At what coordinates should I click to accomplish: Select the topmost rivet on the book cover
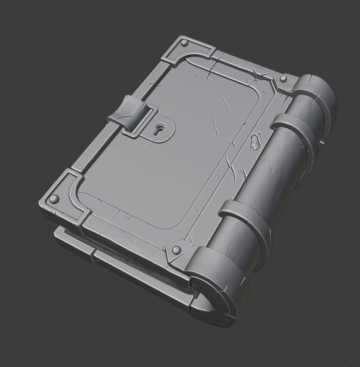tap(184, 42)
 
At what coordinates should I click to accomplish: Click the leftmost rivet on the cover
tap(53, 199)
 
